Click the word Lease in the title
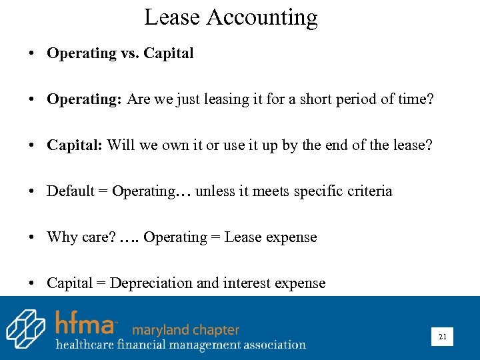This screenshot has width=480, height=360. tap(172, 17)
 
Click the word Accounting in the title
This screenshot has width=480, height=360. tap(261, 18)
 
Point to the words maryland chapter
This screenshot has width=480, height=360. tap(185, 329)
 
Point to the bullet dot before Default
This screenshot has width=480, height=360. tap(32, 192)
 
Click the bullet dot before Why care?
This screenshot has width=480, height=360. tap(32, 238)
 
